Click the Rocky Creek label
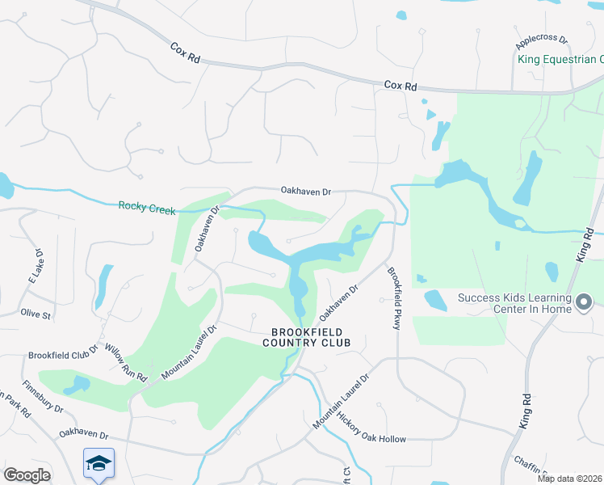point(146,207)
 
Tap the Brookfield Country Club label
point(306,337)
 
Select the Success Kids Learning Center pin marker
point(584,303)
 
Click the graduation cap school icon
point(99,463)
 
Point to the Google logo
point(27,475)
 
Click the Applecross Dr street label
point(542,39)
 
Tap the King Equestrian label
point(560,59)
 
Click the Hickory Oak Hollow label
point(371,429)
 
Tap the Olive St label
point(36,313)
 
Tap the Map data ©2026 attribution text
point(570,479)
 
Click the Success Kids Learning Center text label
point(514,303)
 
